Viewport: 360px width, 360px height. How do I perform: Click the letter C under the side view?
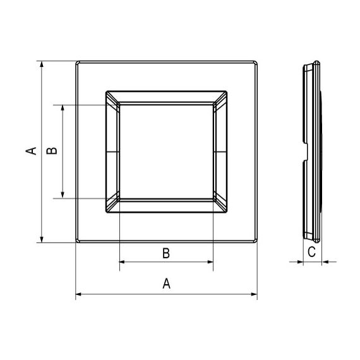click(x=311, y=251)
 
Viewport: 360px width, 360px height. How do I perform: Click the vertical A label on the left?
click(x=31, y=151)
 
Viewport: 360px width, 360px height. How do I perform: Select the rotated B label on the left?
click(x=52, y=150)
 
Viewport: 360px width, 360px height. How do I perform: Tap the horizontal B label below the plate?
click(x=166, y=253)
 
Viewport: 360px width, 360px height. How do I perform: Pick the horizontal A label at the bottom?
click(x=167, y=284)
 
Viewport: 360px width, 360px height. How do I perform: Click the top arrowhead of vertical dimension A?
click(x=42, y=64)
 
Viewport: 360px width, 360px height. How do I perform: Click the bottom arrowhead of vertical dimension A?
click(x=42, y=239)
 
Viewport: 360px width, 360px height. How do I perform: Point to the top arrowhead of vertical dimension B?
click(x=63, y=109)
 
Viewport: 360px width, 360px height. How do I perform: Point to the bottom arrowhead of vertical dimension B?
click(x=63, y=195)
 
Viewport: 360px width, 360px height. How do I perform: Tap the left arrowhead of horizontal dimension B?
click(x=123, y=261)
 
